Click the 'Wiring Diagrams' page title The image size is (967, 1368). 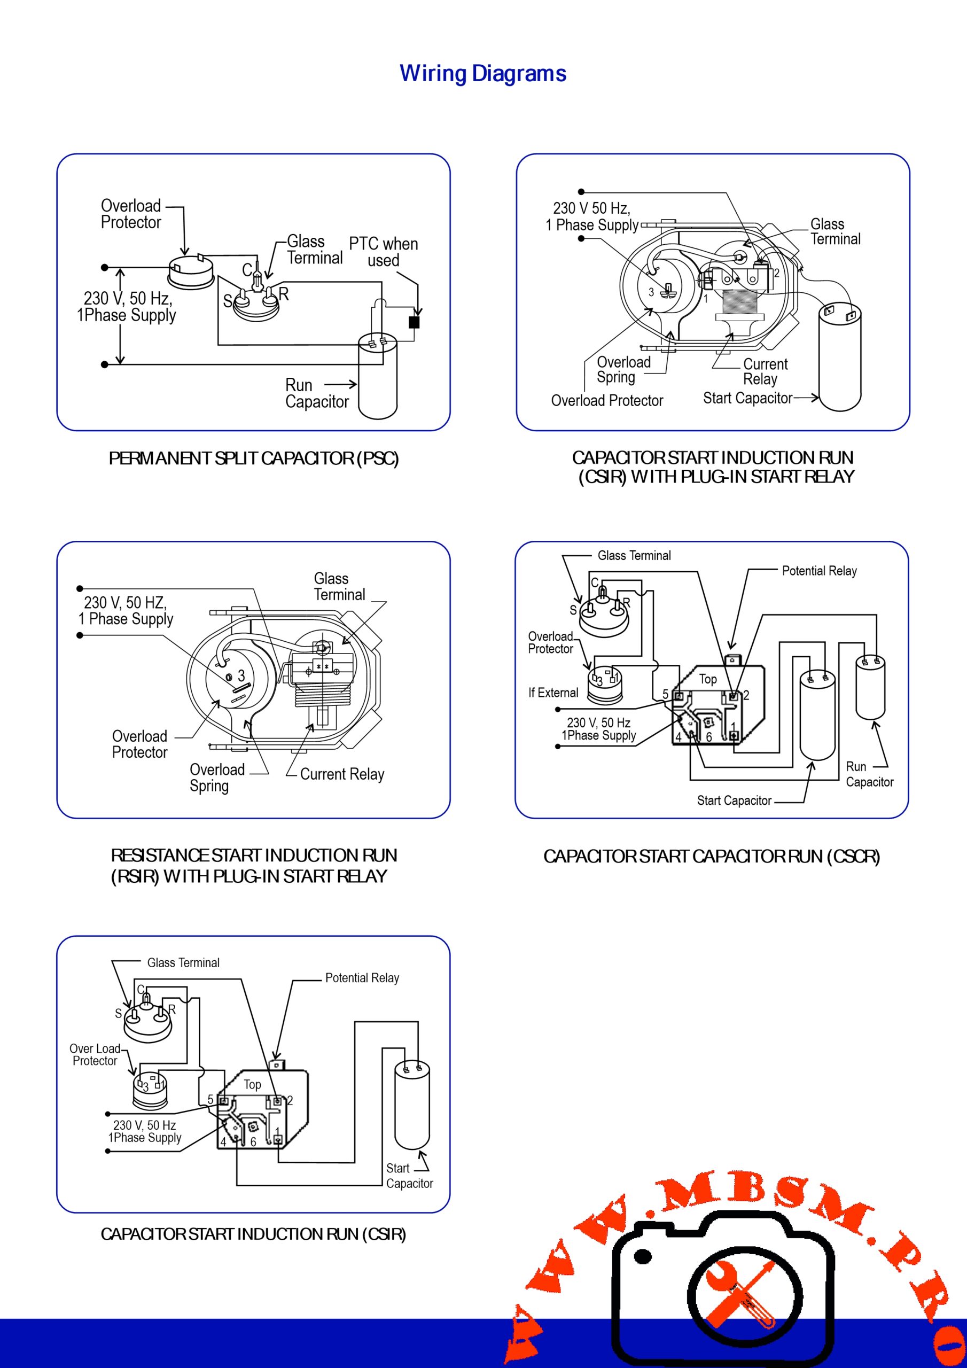(x=482, y=74)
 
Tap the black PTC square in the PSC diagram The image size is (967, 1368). (x=414, y=322)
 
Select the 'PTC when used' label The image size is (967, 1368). (x=383, y=252)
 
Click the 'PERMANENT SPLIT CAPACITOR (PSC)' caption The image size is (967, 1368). (x=254, y=459)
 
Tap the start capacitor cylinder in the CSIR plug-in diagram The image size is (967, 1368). (x=840, y=357)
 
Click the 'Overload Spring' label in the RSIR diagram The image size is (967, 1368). (x=217, y=778)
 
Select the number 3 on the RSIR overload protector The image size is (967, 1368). (x=241, y=675)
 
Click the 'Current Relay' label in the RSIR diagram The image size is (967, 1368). (x=342, y=774)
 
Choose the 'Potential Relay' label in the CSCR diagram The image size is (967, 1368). (x=819, y=571)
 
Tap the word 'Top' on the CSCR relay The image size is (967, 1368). (x=708, y=679)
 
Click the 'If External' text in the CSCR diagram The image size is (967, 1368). (x=553, y=693)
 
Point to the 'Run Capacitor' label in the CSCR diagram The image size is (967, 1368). (x=869, y=774)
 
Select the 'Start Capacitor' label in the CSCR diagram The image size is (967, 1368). (x=734, y=801)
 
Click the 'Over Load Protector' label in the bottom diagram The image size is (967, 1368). (x=95, y=1055)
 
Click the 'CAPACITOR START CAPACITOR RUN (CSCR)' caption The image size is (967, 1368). (x=712, y=857)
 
